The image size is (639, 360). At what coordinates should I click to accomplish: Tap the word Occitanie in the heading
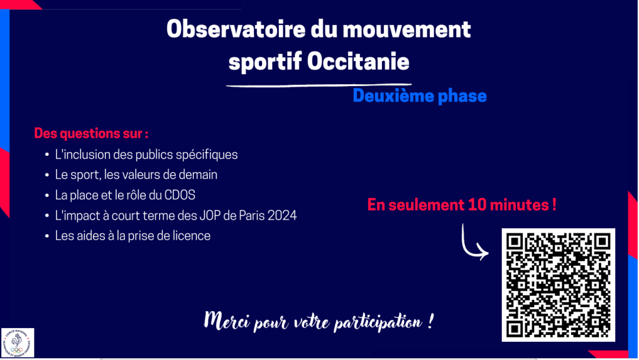[x=358, y=62]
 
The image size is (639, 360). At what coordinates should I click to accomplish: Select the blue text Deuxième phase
[x=420, y=96]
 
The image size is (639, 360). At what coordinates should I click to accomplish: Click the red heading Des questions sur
[x=91, y=133]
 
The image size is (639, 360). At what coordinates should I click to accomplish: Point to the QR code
[x=559, y=285]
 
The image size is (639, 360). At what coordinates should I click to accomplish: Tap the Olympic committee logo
[x=17, y=343]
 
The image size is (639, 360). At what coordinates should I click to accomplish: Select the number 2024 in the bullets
[x=282, y=215]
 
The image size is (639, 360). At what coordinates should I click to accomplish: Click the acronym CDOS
[x=180, y=195]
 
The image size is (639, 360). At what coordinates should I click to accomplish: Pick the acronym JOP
[x=210, y=215]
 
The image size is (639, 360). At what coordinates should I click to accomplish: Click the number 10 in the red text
[x=477, y=205]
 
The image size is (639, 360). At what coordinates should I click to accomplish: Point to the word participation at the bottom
[x=378, y=323]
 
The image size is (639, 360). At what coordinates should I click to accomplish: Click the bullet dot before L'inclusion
[x=47, y=155]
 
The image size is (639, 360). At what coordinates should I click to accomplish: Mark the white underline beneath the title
[x=319, y=85]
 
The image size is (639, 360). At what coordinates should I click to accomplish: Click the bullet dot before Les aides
[x=47, y=236]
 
